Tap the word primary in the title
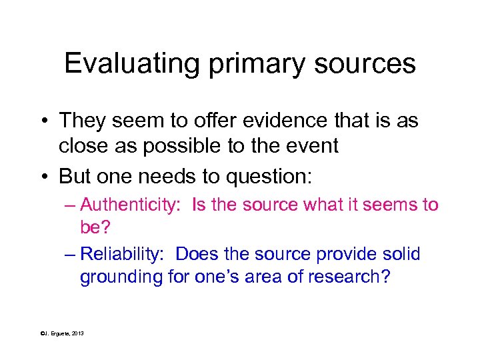[x=239, y=64]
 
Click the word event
[x=315, y=146]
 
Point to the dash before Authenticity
[x=71, y=205]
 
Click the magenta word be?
[x=95, y=227]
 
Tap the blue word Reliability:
[x=125, y=254]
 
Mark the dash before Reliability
[x=71, y=254]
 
